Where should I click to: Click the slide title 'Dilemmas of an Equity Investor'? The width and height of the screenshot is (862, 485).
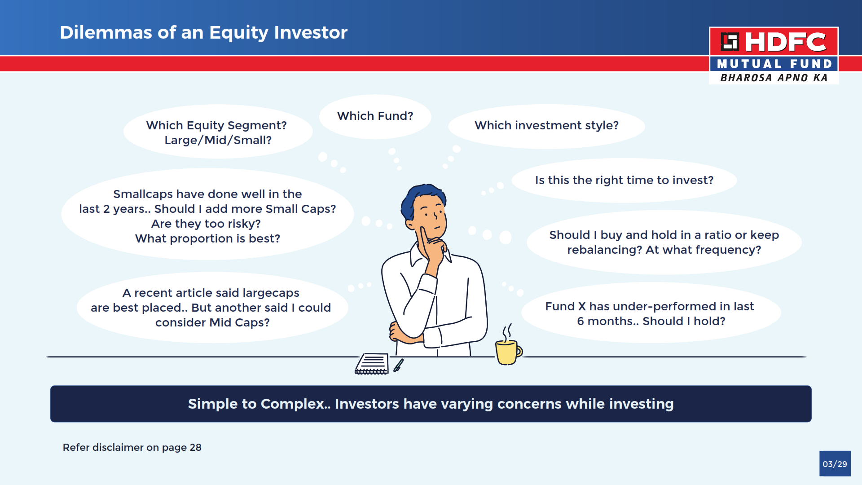[x=203, y=33]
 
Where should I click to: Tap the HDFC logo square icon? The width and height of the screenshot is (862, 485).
[x=730, y=42]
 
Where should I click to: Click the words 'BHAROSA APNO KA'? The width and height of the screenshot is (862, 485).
[x=774, y=78]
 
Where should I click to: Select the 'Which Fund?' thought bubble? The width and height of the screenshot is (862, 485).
[x=375, y=116]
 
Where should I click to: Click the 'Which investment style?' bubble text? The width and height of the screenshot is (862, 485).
[x=546, y=125]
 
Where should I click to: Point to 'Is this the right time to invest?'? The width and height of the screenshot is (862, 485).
[x=624, y=180]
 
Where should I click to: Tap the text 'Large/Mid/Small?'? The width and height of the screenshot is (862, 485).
[x=218, y=140]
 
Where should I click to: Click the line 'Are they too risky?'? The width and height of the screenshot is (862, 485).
[x=206, y=224]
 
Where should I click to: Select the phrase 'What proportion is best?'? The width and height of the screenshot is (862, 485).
[x=207, y=238]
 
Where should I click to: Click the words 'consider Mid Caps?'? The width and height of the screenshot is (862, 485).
[x=212, y=322]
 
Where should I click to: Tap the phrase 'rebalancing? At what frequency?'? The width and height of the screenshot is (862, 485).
[x=664, y=250]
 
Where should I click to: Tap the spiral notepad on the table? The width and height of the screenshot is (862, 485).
[x=372, y=364]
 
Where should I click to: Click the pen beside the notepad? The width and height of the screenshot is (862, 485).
[x=398, y=365]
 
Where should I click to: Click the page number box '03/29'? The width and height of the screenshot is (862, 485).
[x=835, y=463]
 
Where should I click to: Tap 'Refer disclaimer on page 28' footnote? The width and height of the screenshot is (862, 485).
[x=132, y=447]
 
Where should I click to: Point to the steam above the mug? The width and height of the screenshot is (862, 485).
[x=507, y=333]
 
